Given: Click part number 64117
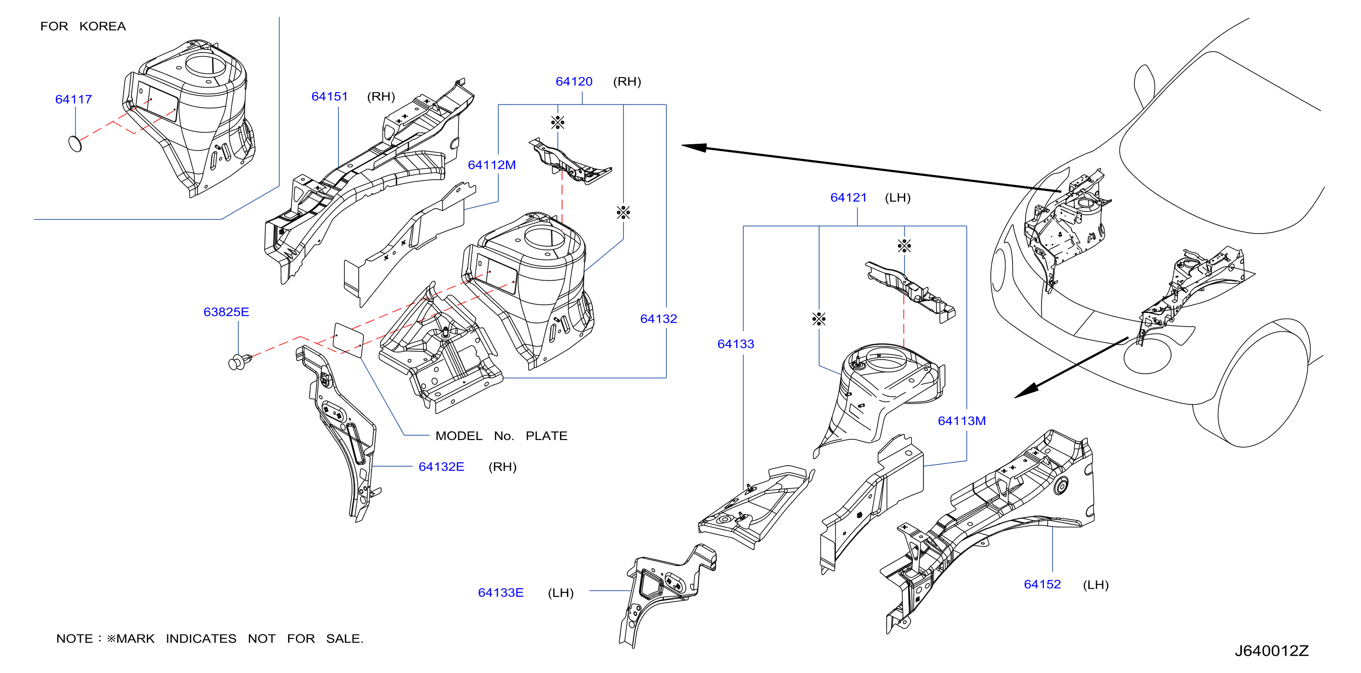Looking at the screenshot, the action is pos(73,99).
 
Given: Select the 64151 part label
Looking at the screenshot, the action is pos(330,96).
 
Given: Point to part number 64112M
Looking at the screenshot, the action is pos(492,165).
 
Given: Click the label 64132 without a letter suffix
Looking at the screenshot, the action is pos(658,319).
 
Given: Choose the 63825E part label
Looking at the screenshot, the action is pos(226,312).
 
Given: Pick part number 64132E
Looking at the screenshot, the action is pos(441,467).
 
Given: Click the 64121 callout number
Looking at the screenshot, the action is pos(849,198).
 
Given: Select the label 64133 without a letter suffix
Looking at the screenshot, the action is pos(735,344).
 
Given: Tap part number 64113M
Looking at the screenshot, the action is pos(961,421).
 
